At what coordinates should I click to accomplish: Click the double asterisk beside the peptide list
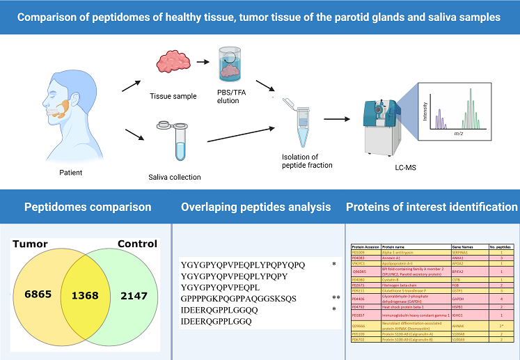click(x=336, y=297)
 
